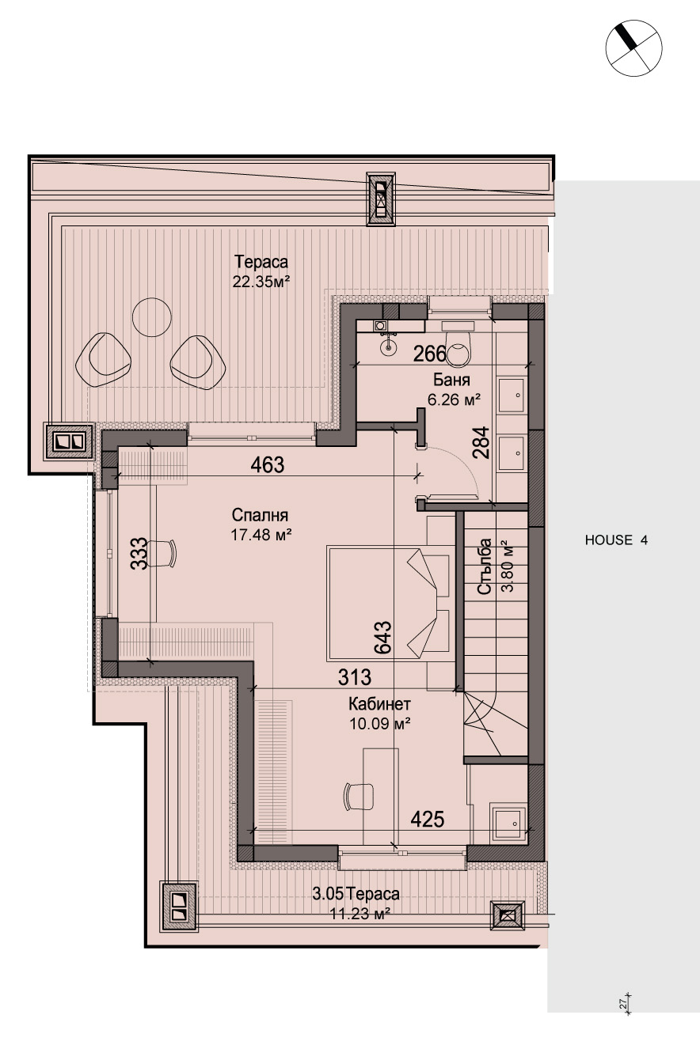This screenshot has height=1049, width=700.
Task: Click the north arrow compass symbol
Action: click(633, 47)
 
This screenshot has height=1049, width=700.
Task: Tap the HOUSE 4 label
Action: click(616, 540)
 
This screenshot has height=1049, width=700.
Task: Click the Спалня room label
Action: click(260, 515)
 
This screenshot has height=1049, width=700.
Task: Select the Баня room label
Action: click(451, 379)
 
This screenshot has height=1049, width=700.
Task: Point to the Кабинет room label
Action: click(379, 704)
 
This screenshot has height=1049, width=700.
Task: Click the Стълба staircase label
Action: click(485, 566)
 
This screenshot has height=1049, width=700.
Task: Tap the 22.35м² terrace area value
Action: click(261, 282)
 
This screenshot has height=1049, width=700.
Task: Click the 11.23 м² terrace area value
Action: click(360, 914)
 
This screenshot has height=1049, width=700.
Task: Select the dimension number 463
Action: click(267, 465)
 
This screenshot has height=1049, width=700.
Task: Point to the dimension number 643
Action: click(382, 637)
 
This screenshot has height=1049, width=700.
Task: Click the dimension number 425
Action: click(427, 820)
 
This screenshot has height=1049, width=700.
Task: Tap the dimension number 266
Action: click(429, 354)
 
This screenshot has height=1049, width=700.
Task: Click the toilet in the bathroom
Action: click(457, 344)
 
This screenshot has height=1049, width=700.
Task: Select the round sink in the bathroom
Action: click(388, 347)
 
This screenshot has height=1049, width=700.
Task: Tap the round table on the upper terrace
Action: click(152, 317)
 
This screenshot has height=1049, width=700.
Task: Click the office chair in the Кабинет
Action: click(359, 797)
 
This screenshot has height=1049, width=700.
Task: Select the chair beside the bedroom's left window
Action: click(162, 553)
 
